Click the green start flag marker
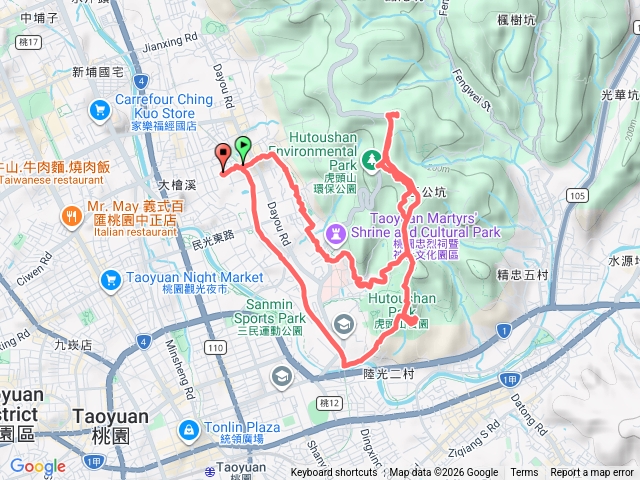click(x=243, y=148)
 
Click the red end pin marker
click(x=223, y=153)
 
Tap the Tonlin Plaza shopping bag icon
click(x=187, y=429)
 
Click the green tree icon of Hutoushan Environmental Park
click(x=372, y=159)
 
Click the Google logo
click(x=37, y=466)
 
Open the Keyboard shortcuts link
click(x=333, y=473)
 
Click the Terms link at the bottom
click(x=524, y=473)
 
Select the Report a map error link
click(x=593, y=473)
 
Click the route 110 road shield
click(x=213, y=347)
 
